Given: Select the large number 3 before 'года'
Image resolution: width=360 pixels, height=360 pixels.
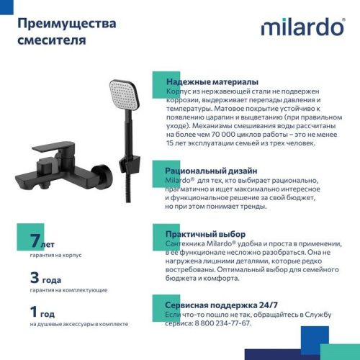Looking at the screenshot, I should point(34,277).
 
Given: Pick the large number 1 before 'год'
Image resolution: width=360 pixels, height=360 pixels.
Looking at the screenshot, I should point(34,312).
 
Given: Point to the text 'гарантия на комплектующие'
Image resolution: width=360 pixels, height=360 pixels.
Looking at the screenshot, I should point(69,289).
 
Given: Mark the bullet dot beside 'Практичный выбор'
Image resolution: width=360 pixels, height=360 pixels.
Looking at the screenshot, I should point(156,235).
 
